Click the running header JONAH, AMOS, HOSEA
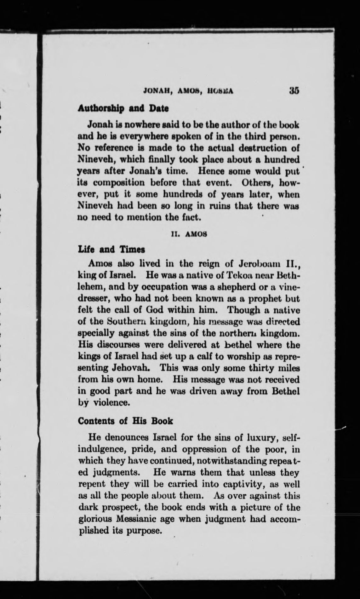[x=188, y=91]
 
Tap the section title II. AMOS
[x=188, y=234]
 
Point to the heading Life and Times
[x=111, y=250]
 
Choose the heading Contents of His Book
[x=125, y=421]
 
